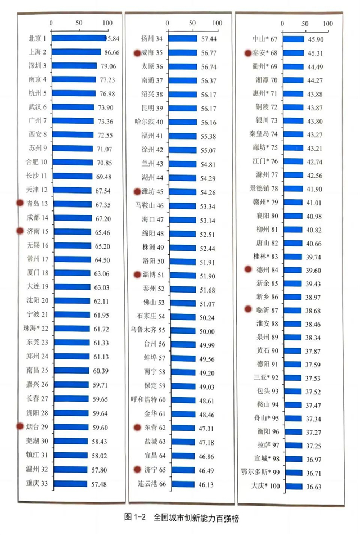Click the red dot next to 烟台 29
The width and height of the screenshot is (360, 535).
[20, 427]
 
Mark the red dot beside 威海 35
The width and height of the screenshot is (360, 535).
[137, 53]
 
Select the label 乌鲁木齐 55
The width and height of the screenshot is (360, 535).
[147, 330]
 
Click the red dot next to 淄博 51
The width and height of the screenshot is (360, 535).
[137, 275]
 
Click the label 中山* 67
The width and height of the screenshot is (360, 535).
[265, 39]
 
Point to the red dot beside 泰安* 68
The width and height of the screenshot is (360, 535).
[248, 53]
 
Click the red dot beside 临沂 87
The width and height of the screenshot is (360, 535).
[248, 309]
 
